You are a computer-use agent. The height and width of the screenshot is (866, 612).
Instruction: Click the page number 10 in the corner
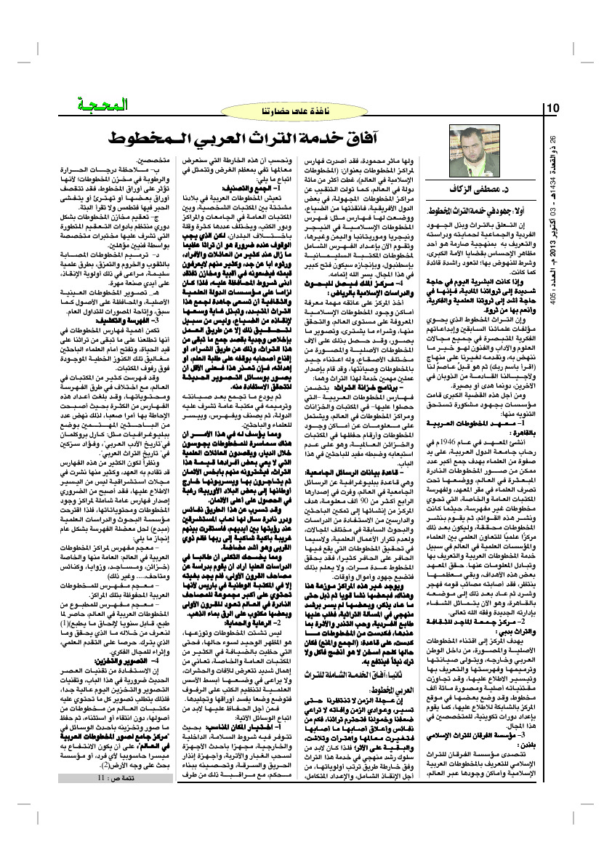[x=552, y=108]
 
